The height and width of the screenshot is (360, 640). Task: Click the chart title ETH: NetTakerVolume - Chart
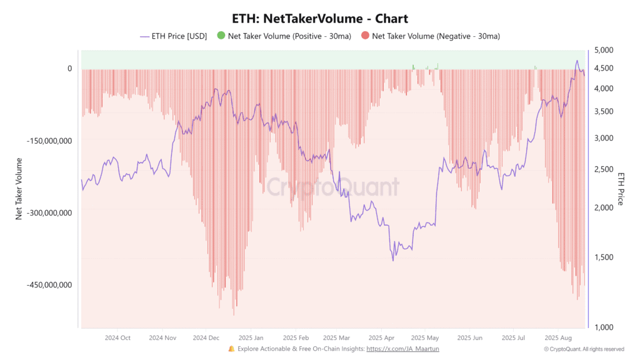pyautogui.click(x=319, y=19)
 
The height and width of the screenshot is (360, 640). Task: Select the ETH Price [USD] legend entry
pyautogui.click(x=173, y=36)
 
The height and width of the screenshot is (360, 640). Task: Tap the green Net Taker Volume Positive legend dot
pyautogui.click(x=221, y=36)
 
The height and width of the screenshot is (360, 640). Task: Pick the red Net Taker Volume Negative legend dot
pyautogui.click(x=364, y=36)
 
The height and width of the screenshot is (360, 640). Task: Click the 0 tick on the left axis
pyautogui.click(x=69, y=69)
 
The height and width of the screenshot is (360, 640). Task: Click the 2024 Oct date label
pyautogui.click(x=117, y=337)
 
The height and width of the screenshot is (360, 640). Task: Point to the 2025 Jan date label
pyautogui.click(x=250, y=337)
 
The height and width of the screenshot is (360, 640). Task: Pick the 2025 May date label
pyautogui.click(x=424, y=337)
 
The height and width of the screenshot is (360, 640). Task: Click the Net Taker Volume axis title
pyautogui.click(x=19, y=188)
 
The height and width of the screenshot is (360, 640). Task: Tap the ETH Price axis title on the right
pyautogui.click(x=621, y=188)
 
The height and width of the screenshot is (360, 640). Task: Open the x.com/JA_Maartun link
pyautogui.click(x=402, y=349)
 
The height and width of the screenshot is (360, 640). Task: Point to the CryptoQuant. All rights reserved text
pyautogui.click(x=584, y=349)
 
